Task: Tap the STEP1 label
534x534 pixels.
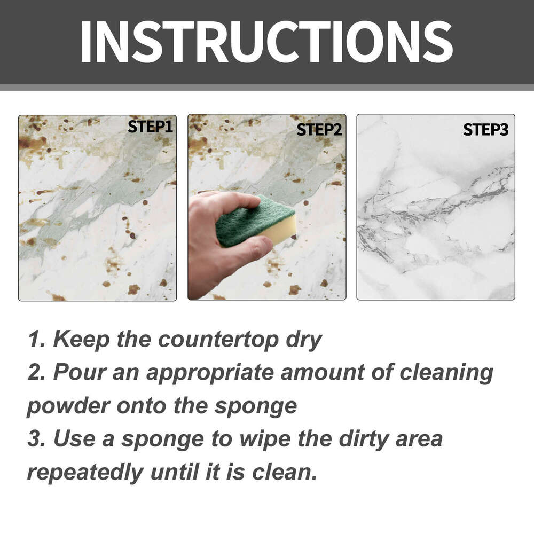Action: [x=151, y=127]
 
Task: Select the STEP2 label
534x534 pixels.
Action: [x=319, y=129]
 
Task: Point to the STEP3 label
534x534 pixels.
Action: [x=485, y=129]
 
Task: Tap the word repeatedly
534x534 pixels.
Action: [x=85, y=472]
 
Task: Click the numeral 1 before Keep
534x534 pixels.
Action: [x=34, y=340]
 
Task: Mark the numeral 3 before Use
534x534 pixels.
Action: [x=35, y=439]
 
